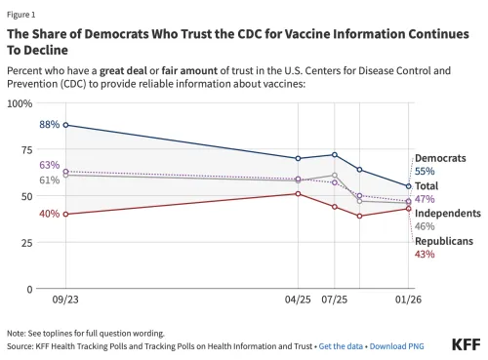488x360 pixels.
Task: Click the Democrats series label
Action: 440,158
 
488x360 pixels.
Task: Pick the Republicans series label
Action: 444,240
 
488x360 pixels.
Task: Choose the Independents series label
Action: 447,213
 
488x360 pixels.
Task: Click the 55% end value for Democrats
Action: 425,171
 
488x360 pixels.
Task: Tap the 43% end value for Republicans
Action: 425,254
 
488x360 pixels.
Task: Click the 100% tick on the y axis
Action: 20,103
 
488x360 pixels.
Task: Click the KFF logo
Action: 466,344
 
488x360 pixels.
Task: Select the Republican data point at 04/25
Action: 298,193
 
